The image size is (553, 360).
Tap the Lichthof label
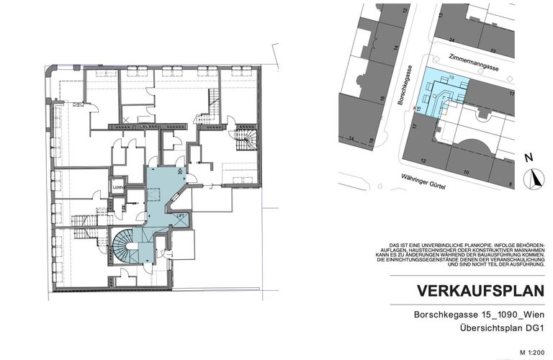point(120,188)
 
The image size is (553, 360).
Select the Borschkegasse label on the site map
point(408,85)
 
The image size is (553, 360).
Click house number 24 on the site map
point(451,40)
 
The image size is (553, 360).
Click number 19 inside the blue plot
point(451,76)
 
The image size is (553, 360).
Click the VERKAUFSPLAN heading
point(480,291)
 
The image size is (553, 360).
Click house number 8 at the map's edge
point(510,184)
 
